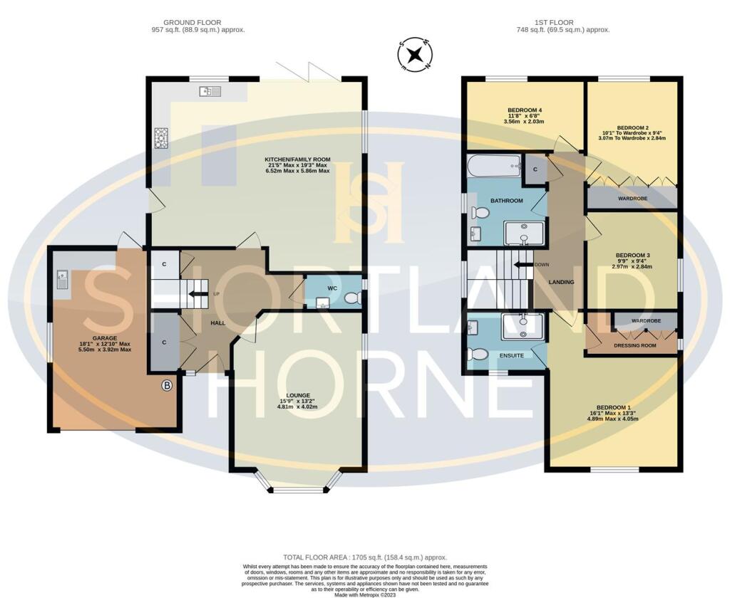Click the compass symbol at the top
point(416,56)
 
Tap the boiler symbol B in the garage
point(167,386)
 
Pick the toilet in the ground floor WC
point(350,299)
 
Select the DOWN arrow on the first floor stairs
point(523,264)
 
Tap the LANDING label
point(560,282)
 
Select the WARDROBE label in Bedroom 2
point(632,199)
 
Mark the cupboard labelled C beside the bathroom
point(535,169)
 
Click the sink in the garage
point(61,280)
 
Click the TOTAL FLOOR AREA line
point(365,557)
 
